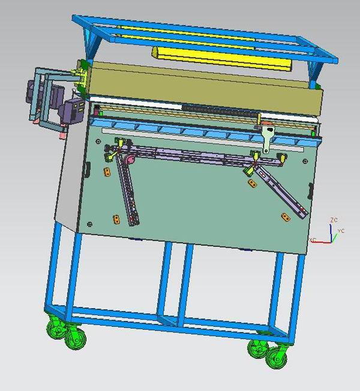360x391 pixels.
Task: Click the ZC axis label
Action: click(x=334, y=220)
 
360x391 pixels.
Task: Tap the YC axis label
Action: click(x=341, y=231)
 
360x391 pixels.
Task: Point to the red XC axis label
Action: click(x=313, y=240)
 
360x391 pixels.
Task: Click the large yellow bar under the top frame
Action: click(x=221, y=58)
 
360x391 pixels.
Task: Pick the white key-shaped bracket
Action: click(x=268, y=138)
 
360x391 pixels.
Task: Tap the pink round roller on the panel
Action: click(x=130, y=160)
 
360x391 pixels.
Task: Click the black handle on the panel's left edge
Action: click(x=87, y=170)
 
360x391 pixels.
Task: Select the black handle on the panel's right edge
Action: click(x=311, y=191)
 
